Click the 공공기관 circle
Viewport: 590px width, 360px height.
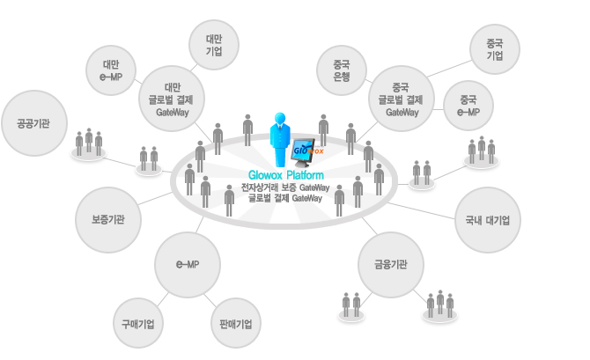coord(34,123)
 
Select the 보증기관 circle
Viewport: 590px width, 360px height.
coord(108,220)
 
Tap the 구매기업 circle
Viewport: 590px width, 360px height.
coord(138,323)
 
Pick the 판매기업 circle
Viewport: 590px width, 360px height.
coord(236,323)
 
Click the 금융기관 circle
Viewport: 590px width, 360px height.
coord(391,264)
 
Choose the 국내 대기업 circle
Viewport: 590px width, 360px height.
coord(488,220)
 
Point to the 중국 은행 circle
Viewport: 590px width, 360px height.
coord(342,70)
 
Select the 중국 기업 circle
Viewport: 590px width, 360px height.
coord(495,49)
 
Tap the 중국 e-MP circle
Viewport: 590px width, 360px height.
coord(468,106)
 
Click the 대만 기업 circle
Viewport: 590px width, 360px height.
coord(214,45)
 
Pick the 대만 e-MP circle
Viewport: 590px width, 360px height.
coord(111,70)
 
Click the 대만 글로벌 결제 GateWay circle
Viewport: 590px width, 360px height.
coord(172,99)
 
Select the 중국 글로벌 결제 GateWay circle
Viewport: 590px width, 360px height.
coord(402,99)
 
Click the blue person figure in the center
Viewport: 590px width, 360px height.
coord(279,139)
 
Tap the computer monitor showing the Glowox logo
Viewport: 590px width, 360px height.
coord(303,152)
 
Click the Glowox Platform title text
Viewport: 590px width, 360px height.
coord(286,175)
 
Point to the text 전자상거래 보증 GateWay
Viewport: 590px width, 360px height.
coord(285,187)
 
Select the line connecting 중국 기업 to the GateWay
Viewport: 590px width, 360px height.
coord(449,69)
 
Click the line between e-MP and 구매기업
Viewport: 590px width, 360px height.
coord(163,300)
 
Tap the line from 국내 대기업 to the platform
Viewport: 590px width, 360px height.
coord(421,210)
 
